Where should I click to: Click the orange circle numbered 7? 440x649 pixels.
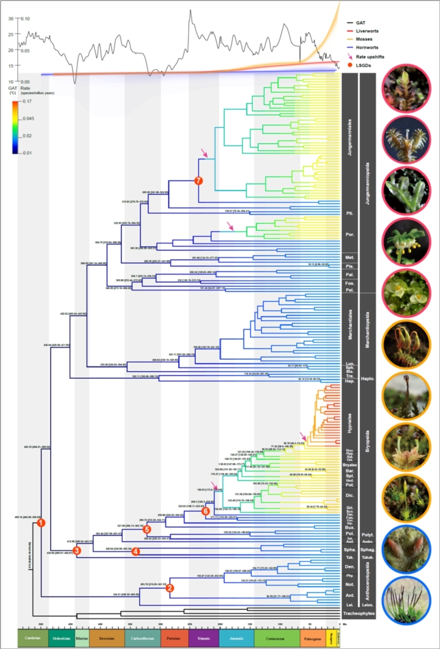coord(198,181)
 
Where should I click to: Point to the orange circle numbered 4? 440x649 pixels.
coord(136,551)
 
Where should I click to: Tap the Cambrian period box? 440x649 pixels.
coord(33,638)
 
